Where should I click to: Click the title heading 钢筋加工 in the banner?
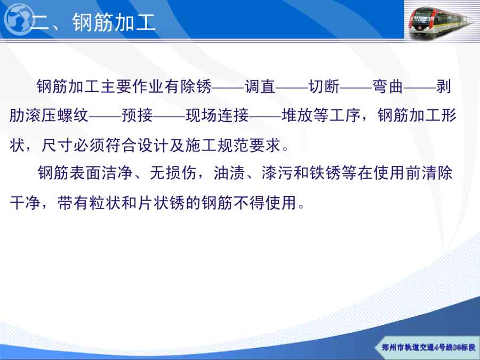pyautogui.click(x=114, y=22)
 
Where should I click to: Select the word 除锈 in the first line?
pyautogui.click(x=196, y=86)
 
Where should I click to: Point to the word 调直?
pyautogui.click(x=260, y=86)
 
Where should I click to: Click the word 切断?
pyautogui.click(x=324, y=86)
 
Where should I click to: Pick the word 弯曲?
pyautogui.click(x=388, y=86)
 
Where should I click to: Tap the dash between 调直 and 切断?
pyautogui.click(x=292, y=87)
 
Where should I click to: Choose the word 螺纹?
pyautogui.click(x=73, y=115)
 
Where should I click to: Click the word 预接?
pyautogui.click(x=137, y=115)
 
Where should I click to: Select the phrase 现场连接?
pyautogui.click(x=217, y=115)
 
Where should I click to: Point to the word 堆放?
pyautogui.click(x=297, y=115)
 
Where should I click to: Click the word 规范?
pyautogui.click(x=233, y=145)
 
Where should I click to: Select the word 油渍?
pyautogui.click(x=229, y=173)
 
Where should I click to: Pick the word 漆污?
pyautogui.click(x=277, y=173)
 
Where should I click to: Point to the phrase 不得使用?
pyautogui.click(x=265, y=202)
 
